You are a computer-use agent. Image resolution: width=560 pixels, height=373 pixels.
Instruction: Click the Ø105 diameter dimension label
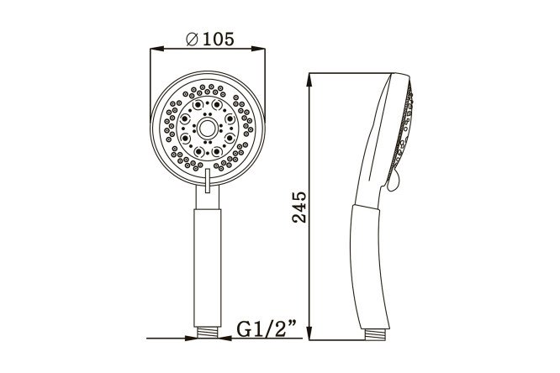pos(210,39)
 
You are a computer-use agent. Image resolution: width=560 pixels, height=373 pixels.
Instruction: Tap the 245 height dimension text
pos(299,208)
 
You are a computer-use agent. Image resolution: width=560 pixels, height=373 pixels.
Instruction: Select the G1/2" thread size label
pos(267,328)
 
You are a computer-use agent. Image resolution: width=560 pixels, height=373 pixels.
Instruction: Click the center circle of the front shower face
pos(207,129)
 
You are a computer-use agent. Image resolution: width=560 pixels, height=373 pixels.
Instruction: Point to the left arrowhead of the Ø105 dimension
pos(157,49)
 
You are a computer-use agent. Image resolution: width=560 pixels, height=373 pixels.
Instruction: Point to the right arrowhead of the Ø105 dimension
pos(258,49)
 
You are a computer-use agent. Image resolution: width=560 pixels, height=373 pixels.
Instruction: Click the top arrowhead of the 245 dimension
pos(310,80)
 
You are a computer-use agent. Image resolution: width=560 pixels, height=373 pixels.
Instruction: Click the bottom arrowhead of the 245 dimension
pos(310,333)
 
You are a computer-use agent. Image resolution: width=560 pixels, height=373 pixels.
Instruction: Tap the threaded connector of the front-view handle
pos(208,333)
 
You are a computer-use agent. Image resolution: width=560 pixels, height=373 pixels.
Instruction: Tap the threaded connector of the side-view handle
pos(375,334)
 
